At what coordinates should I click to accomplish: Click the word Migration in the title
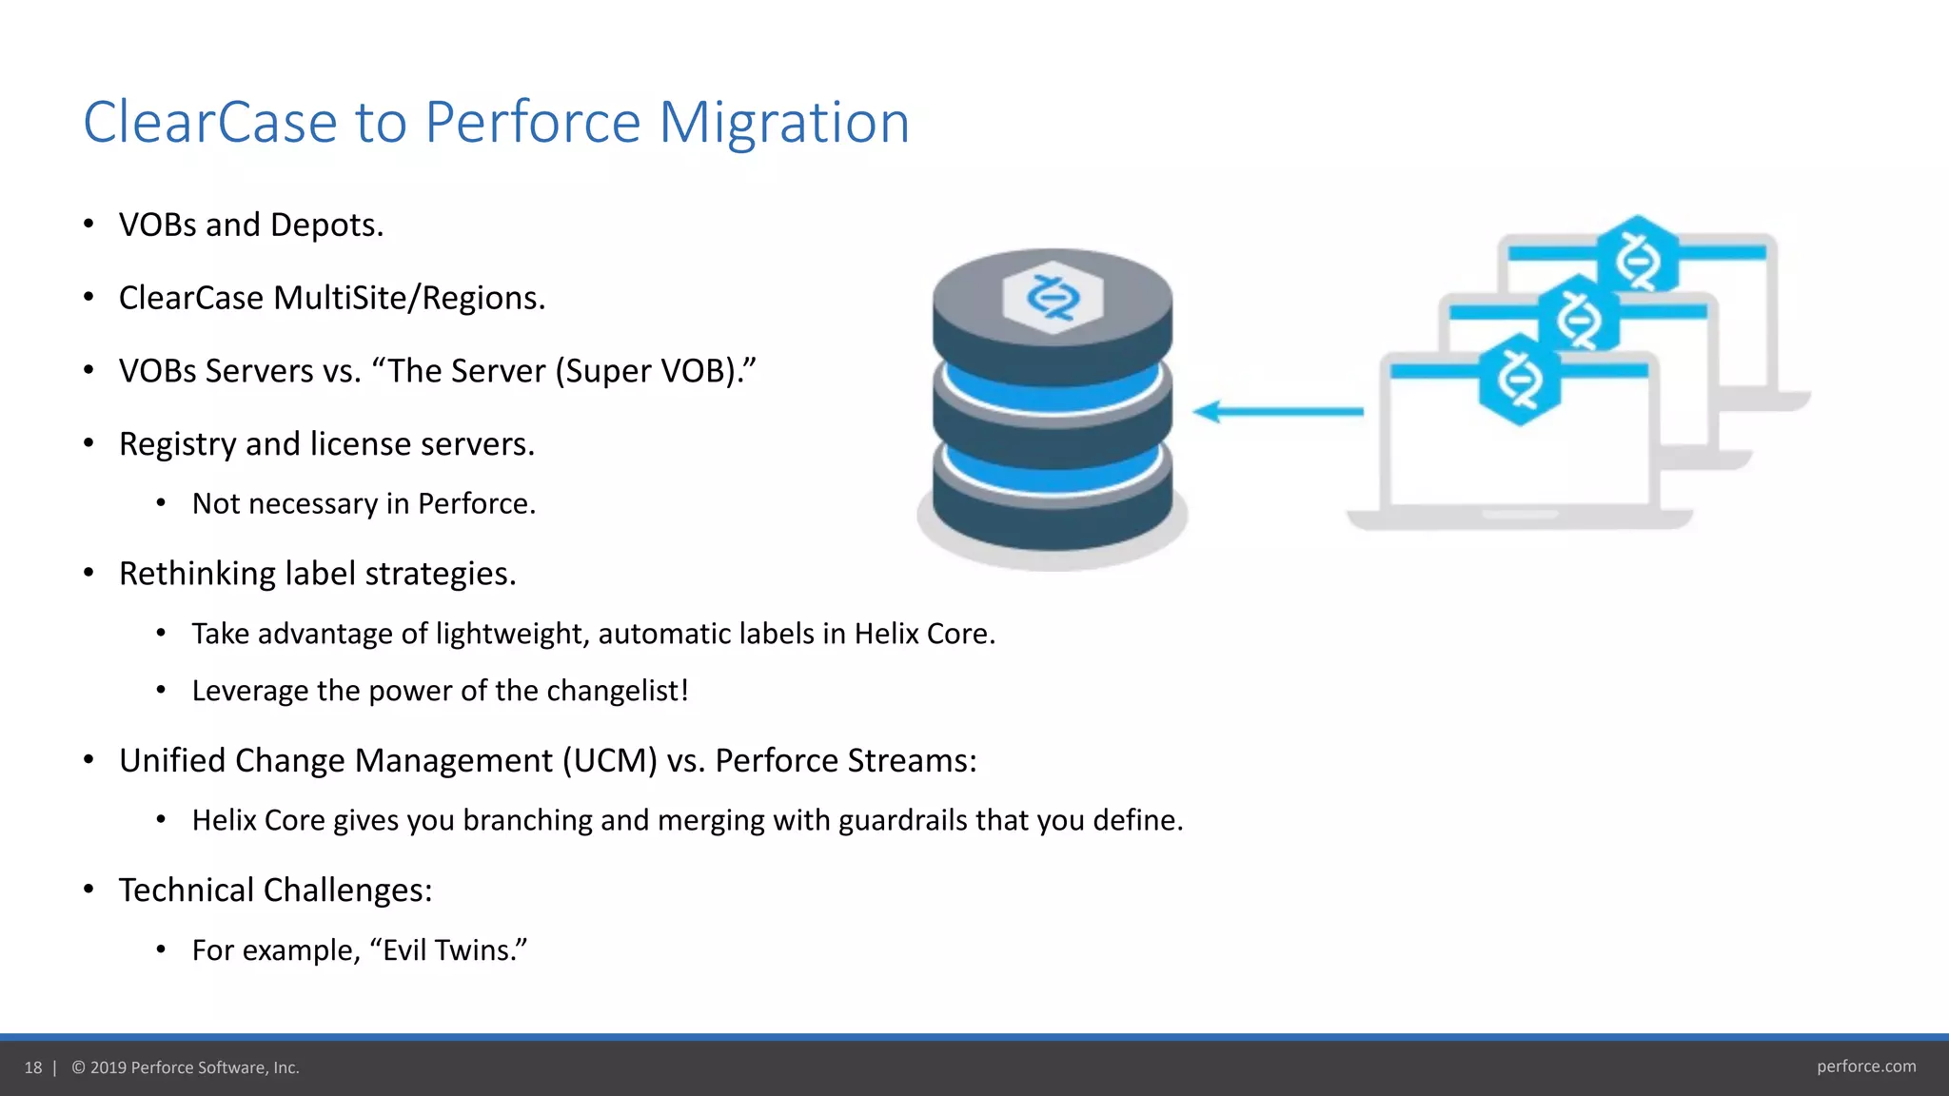pos(784,123)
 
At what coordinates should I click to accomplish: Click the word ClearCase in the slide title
pos(210,123)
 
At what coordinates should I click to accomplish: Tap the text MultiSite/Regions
pos(409,299)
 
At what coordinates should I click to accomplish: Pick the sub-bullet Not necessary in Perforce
pos(364,503)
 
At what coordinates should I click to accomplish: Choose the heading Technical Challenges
pos(275,890)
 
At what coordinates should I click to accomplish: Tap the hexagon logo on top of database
pos(1053,298)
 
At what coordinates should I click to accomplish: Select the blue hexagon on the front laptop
pos(1519,380)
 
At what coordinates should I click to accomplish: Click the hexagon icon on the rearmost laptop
pos(1637,255)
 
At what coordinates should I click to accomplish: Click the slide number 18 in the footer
pos(33,1067)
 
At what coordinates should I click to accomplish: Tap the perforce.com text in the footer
pos(1865,1067)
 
